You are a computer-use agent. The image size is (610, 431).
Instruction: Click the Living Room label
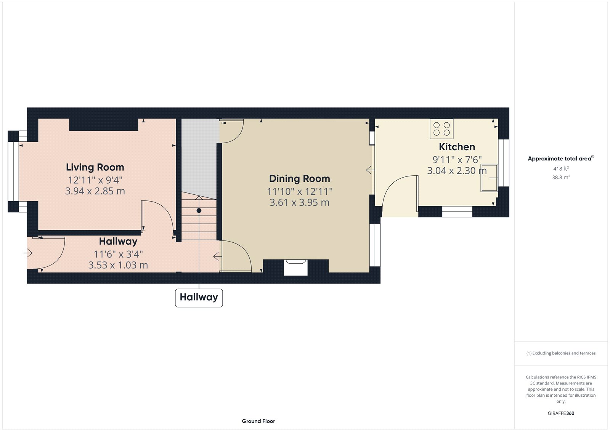[x=95, y=167]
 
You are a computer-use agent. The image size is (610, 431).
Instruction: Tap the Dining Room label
[x=299, y=179]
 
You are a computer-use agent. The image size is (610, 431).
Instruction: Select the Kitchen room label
[x=457, y=147]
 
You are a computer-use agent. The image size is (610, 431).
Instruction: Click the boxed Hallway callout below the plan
[x=199, y=298]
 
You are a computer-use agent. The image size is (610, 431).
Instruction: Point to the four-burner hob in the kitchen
[x=441, y=129]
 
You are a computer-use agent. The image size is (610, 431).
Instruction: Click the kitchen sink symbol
[x=489, y=178]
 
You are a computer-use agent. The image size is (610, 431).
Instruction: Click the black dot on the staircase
[x=199, y=211]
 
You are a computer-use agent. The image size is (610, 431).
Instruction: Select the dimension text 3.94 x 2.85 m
[x=95, y=191]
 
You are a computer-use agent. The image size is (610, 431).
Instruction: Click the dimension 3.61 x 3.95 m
[x=299, y=203]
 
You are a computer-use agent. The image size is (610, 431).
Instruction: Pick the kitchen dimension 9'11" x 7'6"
[x=457, y=160]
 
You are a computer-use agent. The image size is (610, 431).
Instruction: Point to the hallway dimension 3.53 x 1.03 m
[x=118, y=265]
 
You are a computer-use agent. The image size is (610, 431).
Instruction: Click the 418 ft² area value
[x=561, y=168]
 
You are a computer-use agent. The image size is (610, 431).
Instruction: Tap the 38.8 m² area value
[x=561, y=177]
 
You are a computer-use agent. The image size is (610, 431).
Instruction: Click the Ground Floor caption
[x=258, y=421]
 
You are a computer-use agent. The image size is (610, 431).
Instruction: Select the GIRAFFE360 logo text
[x=561, y=413]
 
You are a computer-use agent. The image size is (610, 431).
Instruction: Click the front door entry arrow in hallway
[x=28, y=253]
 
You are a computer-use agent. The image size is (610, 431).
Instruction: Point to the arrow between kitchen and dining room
[x=369, y=170]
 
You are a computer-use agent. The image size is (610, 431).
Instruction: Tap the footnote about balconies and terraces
[x=561, y=353]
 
